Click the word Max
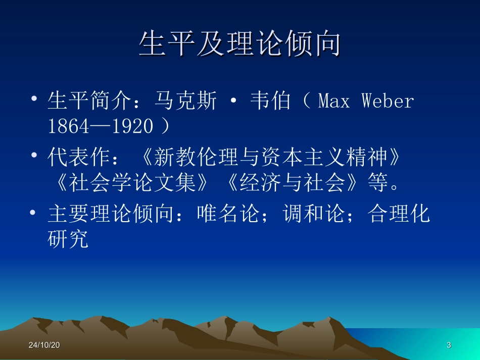coord(334,101)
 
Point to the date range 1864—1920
coord(101,126)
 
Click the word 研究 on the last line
coord(68,239)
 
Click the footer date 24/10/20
coord(44,345)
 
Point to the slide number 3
coord(449,345)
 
